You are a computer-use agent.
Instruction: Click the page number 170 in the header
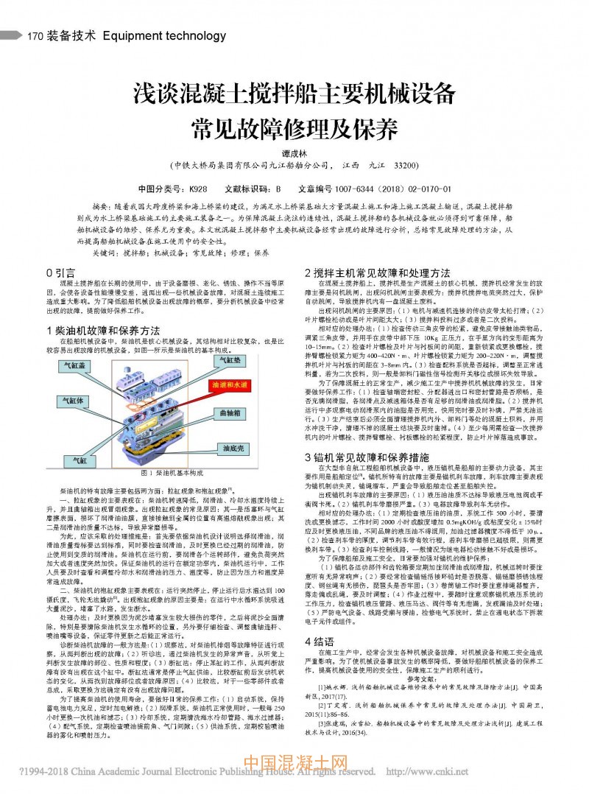coord(35,34)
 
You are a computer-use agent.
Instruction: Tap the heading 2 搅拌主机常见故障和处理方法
coord(378,273)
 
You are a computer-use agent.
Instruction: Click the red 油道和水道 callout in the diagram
coord(230,384)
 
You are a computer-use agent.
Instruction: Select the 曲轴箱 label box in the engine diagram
coord(231,415)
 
